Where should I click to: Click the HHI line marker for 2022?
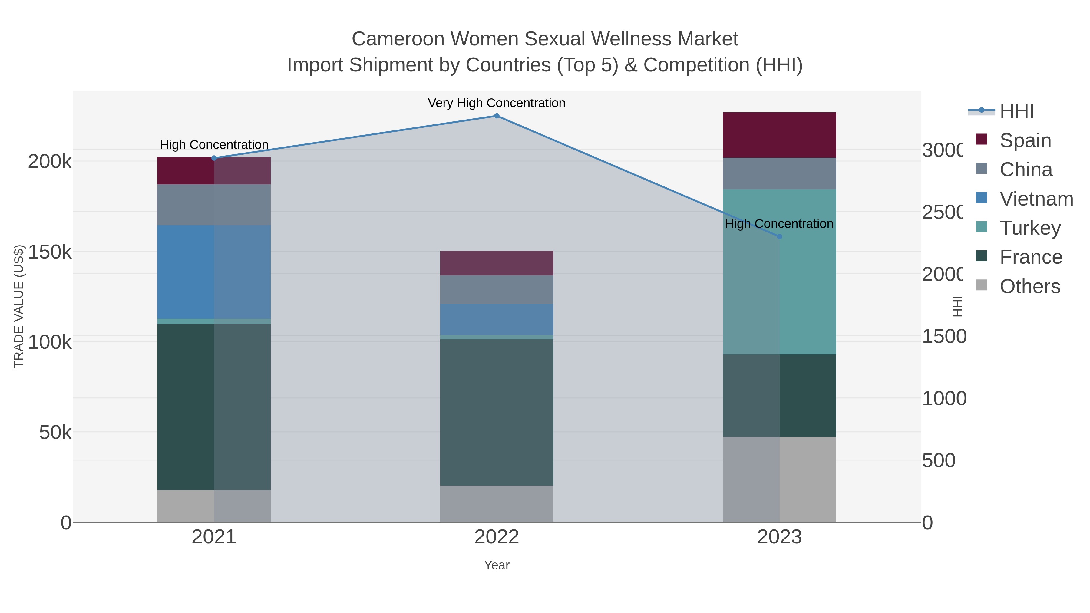tap(497, 116)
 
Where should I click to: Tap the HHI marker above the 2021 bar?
tap(214, 158)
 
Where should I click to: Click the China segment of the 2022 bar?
tap(497, 290)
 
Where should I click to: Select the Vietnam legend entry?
tap(1036, 199)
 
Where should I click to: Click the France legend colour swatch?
tap(982, 256)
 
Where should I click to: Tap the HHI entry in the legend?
tap(1016, 111)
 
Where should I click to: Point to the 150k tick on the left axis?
tap(50, 252)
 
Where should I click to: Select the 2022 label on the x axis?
tap(497, 537)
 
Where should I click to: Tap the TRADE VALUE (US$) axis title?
tap(19, 306)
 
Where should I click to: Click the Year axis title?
tap(497, 565)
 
